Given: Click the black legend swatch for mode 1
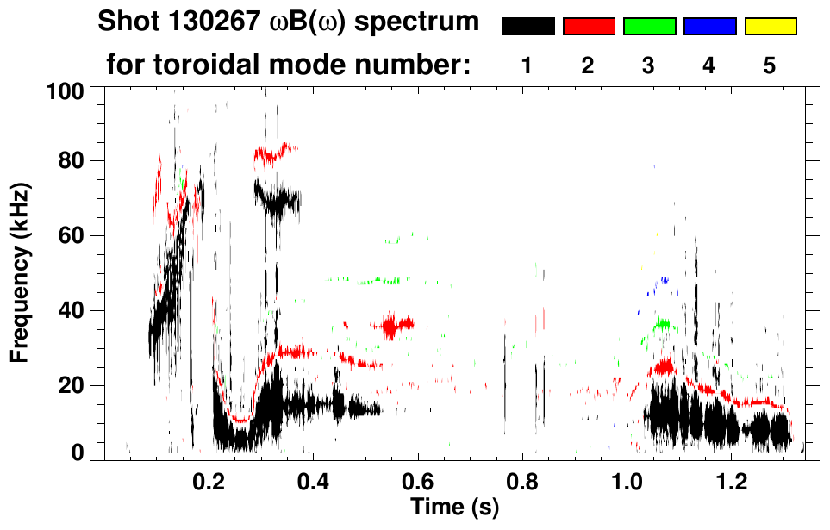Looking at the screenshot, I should [528, 27].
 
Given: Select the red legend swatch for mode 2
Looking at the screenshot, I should [589, 27].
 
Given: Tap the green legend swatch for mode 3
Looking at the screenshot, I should [649, 27].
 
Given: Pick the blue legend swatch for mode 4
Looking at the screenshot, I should [709, 27].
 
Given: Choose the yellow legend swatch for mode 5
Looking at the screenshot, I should [770, 27].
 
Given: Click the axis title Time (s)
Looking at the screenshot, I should [454, 507].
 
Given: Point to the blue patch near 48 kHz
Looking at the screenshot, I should [663, 281].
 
